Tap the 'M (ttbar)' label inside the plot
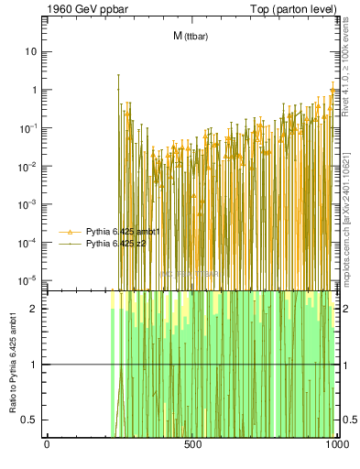click(190, 36)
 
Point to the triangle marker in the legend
click(71, 232)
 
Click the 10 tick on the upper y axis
click(31, 51)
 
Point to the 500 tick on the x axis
click(192, 444)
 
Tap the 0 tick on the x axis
click(47, 444)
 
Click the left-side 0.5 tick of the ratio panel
click(32, 420)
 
